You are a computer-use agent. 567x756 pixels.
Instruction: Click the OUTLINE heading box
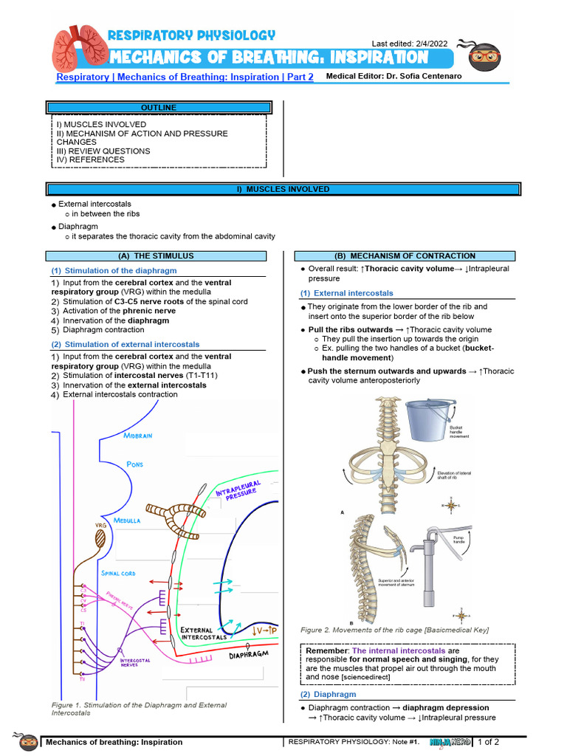[159, 108]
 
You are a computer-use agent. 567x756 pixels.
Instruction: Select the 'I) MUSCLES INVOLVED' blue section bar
[283, 189]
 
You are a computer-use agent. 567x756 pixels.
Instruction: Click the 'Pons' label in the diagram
[134, 464]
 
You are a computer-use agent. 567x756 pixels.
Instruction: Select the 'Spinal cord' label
[117, 573]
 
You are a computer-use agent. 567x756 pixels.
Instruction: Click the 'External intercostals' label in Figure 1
[209, 634]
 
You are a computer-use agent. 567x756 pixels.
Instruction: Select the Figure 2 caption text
[394, 630]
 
